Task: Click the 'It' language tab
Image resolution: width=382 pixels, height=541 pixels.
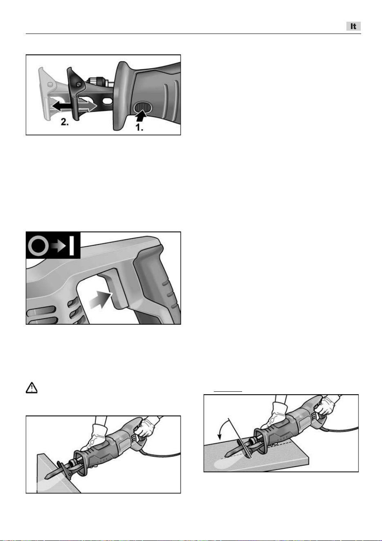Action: click(x=353, y=26)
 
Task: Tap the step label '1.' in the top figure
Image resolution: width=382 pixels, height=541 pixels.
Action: click(x=139, y=127)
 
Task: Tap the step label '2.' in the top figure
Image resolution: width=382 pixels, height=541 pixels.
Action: click(x=65, y=122)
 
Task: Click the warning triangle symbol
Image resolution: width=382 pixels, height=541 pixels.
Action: click(x=31, y=388)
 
